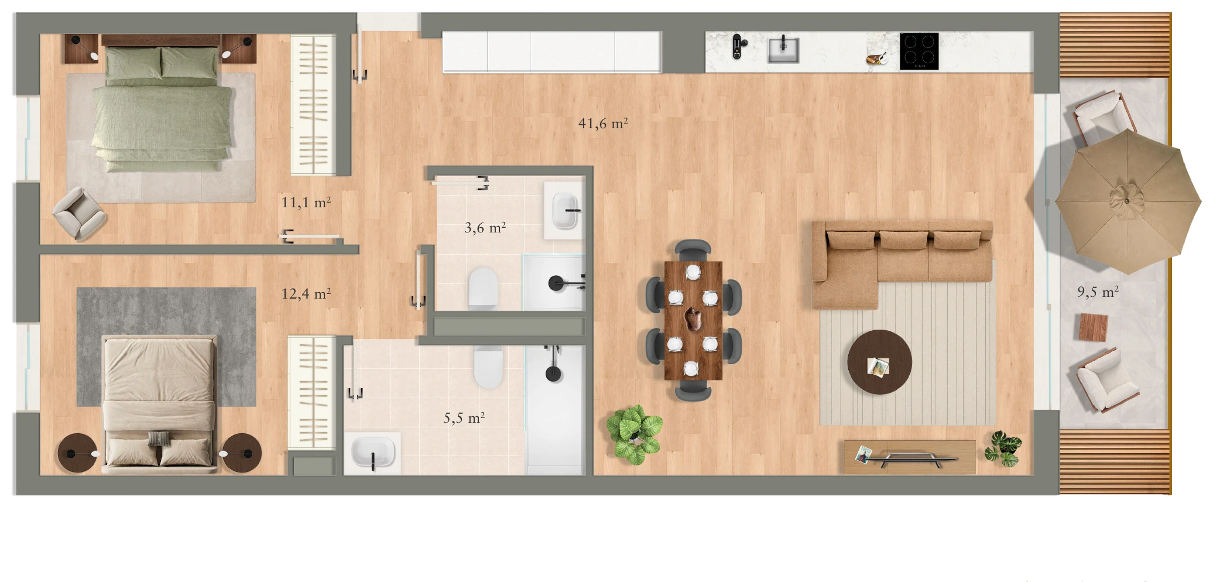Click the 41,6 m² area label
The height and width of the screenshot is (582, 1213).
click(603, 123)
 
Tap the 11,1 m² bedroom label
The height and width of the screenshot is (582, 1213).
click(306, 203)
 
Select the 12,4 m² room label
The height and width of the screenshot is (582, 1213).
click(306, 293)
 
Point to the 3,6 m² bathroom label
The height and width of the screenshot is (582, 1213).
click(485, 227)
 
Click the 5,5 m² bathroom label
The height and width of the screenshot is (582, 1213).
click(464, 417)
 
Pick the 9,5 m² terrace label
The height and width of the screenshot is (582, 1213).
click(1098, 292)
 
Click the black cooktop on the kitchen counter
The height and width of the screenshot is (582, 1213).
click(919, 51)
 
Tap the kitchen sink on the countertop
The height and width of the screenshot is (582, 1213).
click(783, 49)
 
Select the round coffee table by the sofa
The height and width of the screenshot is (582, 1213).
click(879, 362)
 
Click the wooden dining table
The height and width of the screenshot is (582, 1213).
click(693, 320)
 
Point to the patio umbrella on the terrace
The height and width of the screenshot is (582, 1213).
click(1128, 201)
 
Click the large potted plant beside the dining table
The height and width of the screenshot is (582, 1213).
click(634, 434)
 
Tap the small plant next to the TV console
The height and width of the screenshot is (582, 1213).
click(1003, 449)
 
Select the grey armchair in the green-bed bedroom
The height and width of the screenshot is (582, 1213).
click(80, 213)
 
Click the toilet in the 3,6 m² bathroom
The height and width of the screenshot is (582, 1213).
click(483, 287)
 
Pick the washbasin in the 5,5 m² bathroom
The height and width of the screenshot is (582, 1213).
click(373, 453)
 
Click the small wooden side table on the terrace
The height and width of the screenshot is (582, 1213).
click(1094, 327)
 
